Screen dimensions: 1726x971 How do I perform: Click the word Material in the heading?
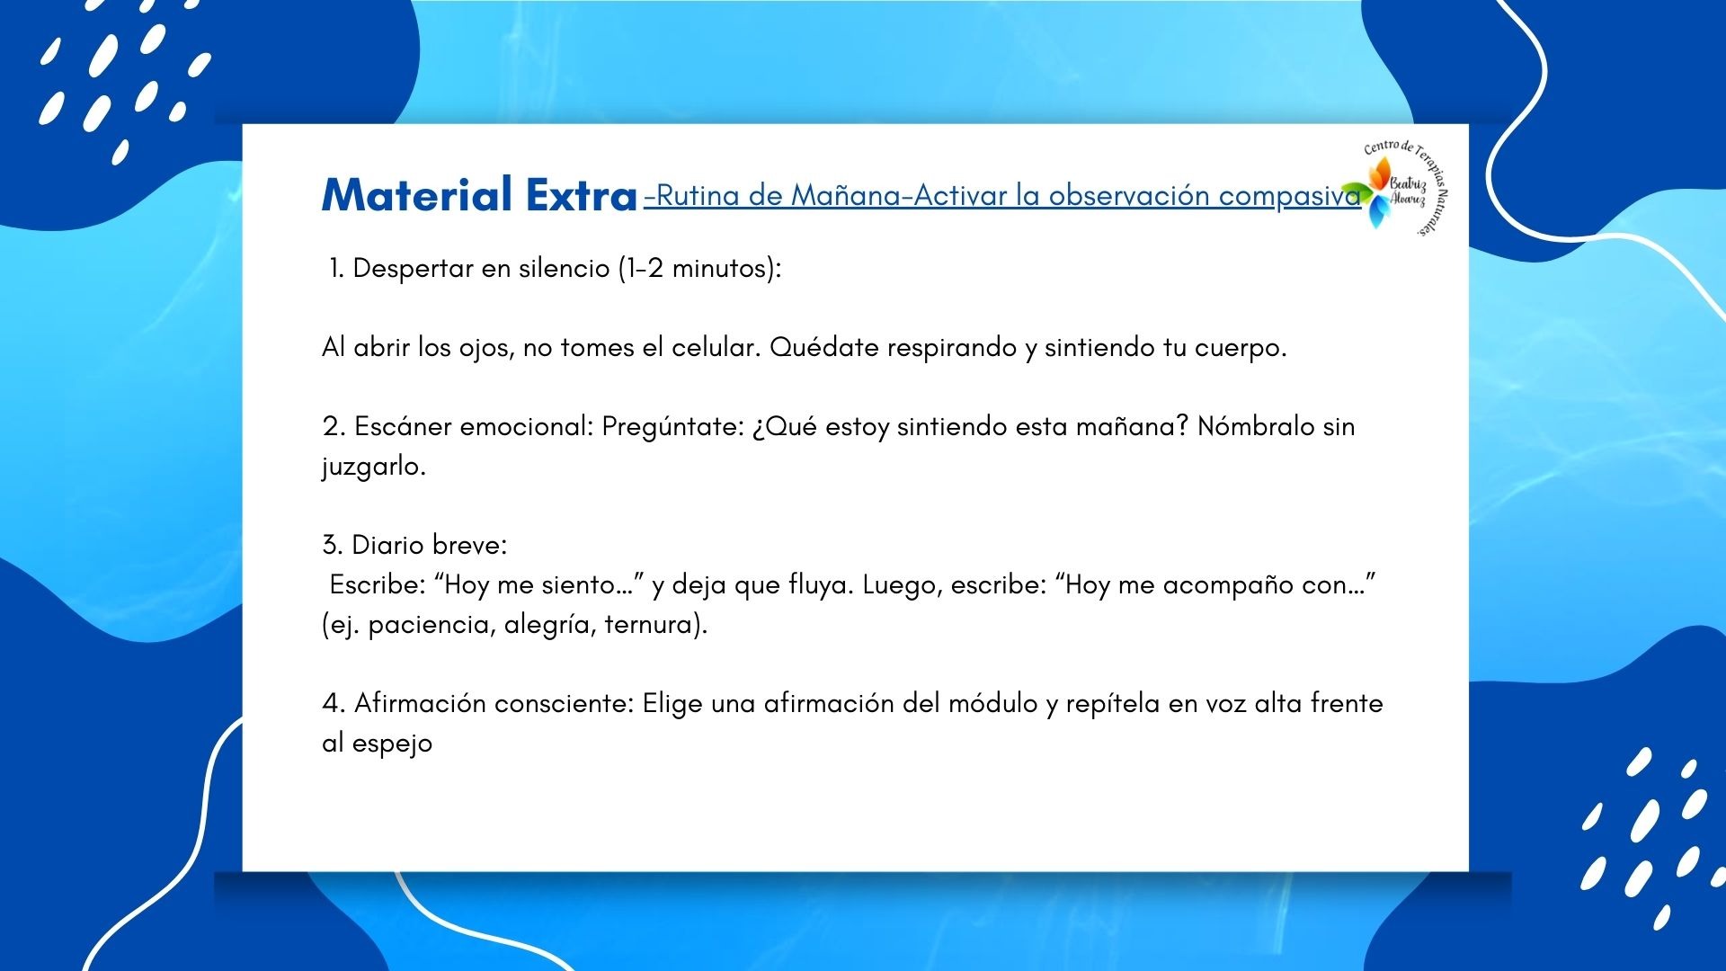click(x=417, y=194)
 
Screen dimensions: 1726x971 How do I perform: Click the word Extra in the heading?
click(x=582, y=194)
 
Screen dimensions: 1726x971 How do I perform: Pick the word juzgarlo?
click(x=374, y=467)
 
